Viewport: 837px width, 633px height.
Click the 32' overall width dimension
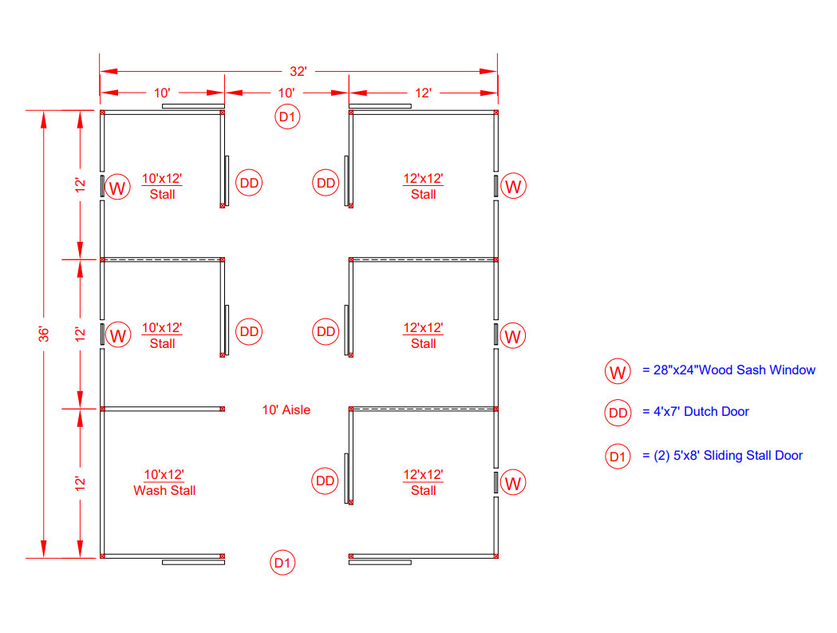(298, 72)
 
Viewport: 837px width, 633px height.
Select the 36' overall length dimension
(44, 334)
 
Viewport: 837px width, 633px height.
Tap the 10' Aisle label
(286, 409)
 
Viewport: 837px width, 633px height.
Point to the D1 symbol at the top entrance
(287, 117)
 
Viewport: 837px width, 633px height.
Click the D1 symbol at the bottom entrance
(282, 563)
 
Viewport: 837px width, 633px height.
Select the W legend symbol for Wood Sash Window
(618, 372)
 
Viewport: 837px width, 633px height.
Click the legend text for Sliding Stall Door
(728, 455)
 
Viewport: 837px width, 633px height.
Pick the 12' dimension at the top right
(423, 93)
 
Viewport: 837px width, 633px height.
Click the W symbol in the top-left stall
(117, 187)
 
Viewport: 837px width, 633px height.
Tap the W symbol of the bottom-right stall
(513, 483)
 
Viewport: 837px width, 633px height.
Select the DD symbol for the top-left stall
(249, 183)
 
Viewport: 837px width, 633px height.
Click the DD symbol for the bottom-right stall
(325, 481)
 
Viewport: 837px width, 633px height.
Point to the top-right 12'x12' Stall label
(424, 186)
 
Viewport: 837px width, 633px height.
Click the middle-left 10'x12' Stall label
(162, 335)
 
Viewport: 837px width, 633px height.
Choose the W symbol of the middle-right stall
(512, 336)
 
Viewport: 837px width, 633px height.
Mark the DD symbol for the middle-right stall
(326, 332)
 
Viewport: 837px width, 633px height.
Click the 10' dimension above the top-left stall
(162, 93)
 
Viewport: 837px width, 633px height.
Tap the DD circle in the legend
(618, 413)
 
